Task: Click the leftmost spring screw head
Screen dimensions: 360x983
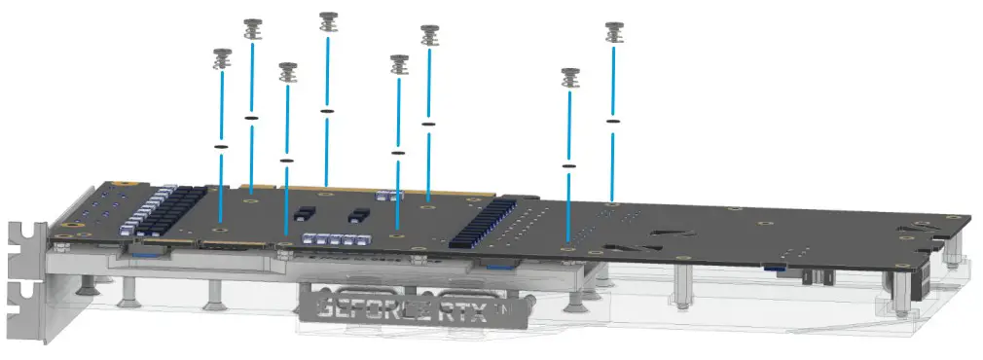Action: [220, 58]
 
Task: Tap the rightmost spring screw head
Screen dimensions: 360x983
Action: [613, 31]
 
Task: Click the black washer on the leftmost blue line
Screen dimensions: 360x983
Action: [220, 147]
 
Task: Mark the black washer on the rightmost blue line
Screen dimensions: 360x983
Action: [613, 121]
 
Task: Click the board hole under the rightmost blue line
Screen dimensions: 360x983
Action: [612, 204]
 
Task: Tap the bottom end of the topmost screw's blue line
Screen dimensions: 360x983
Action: [327, 185]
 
